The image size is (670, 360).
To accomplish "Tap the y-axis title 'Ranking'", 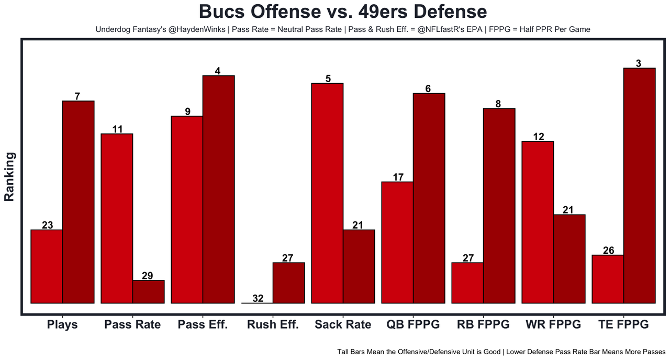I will click(x=9, y=176).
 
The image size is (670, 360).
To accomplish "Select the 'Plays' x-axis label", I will click(x=62, y=324).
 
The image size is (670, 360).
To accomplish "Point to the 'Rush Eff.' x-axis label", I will click(x=273, y=324).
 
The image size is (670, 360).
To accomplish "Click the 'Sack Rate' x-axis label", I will click(x=343, y=324).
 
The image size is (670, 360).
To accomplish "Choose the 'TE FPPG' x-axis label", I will click(x=623, y=324).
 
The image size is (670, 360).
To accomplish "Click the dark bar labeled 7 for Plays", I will click(x=79, y=202).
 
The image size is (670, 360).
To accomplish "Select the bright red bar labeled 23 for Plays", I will click(x=47, y=266).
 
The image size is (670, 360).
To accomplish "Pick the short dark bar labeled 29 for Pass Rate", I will click(x=148, y=291).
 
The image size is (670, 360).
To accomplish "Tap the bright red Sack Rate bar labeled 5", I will click(x=327, y=193).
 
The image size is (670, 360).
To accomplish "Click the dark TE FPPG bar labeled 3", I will click(x=639, y=185).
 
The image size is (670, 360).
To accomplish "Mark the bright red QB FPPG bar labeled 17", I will click(x=397, y=242).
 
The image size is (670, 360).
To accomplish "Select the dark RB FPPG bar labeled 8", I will click(x=499, y=206).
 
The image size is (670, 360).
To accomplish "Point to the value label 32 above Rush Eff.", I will click(x=258, y=298).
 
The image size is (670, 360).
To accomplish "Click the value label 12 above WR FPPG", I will click(x=538, y=137).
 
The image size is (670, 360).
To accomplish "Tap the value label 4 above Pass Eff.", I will click(x=218, y=71).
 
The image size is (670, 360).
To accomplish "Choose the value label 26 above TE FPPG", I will click(x=608, y=250).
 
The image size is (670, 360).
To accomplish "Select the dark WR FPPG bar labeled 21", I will click(x=569, y=259).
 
